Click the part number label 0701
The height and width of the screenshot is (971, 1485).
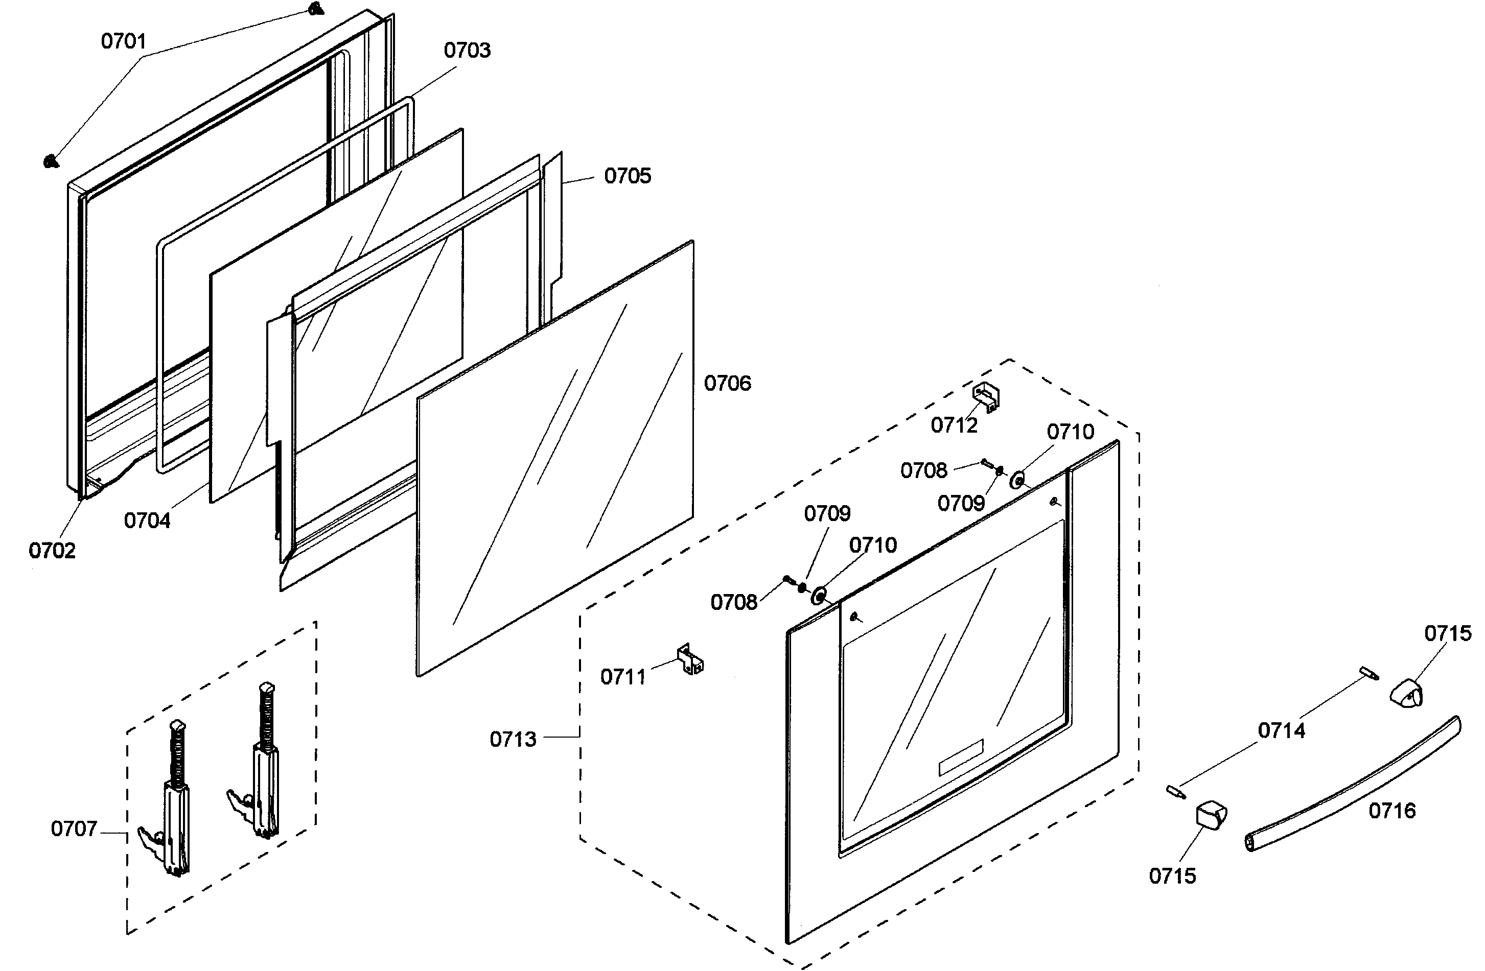click(124, 42)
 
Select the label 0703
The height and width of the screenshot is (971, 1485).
click(467, 51)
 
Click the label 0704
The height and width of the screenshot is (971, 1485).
click(147, 520)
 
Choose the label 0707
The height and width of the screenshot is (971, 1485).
click(74, 829)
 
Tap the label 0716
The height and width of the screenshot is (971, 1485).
click(1392, 811)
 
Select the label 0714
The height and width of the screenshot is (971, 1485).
click(1281, 730)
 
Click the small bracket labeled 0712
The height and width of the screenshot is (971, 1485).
click(986, 397)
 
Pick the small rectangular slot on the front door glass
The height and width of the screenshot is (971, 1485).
click(961, 757)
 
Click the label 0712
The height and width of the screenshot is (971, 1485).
click(954, 425)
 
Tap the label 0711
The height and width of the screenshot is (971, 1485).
click(623, 677)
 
